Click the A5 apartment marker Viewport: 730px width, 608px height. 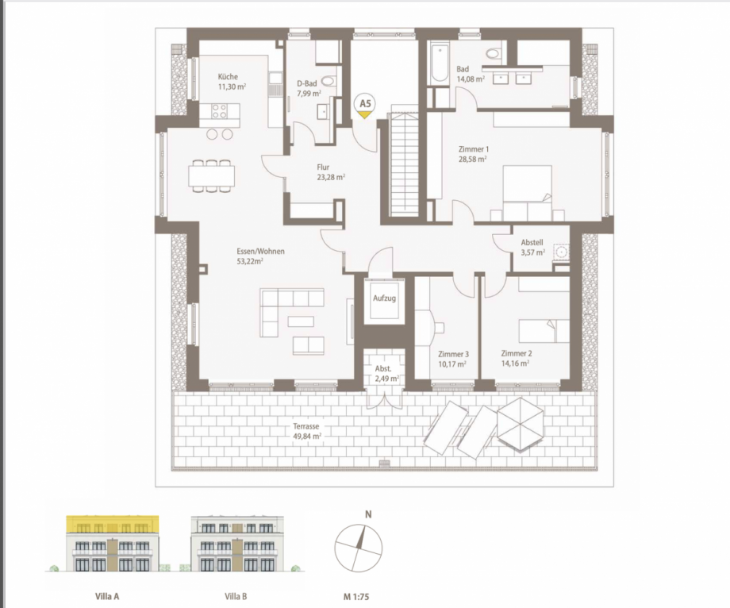pyautogui.click(x=365, y=105)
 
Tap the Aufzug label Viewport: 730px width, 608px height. pyautogui.click(x=384, y=298)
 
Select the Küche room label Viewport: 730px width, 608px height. pyautogui.click(x=229, y=77)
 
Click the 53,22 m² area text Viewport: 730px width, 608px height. pyautogui.click(x=250, y=260)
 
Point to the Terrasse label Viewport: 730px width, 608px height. pyautogui.click(x=305, y=426)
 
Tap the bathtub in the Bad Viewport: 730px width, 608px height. pyautogui.click(x=439, y=63)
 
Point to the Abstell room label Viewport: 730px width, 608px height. pyautogui.click(x=532, y=243)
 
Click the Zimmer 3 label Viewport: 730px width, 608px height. pyautogui.click(x=453, y=354)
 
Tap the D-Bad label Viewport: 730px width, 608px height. pyautogui.click(x=308, y=83)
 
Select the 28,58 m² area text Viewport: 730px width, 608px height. pyautogui.click(x=473, y=159)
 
